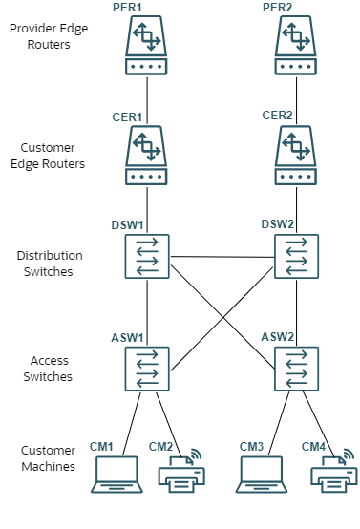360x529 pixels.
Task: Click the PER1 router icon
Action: point(146,47)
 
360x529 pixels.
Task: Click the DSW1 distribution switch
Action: point(146,257)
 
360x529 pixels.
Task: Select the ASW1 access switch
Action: point(146,368)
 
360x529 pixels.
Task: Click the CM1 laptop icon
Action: point(116,475)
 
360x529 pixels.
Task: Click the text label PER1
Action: point(127,8)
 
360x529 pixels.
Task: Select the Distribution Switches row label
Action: point(49,263)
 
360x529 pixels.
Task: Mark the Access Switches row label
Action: point(50,369)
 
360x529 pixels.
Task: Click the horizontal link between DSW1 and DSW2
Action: point(221,257)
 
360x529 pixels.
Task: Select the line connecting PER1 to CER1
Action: point(146,95)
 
